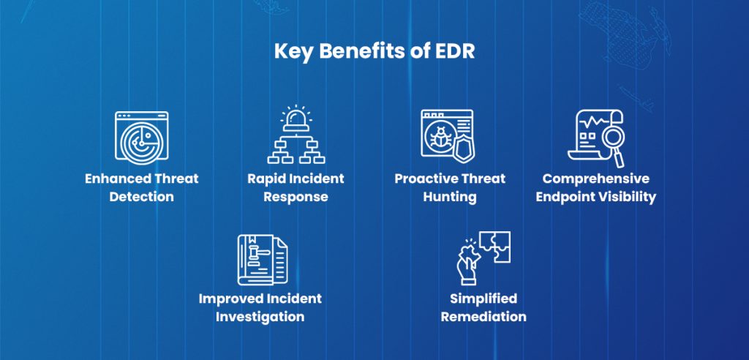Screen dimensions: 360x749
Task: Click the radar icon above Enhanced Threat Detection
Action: [141, 138]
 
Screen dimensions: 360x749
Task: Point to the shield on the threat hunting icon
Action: [462, 149]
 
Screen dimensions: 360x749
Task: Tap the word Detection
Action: [142, 197]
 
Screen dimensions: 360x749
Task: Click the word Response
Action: [296, 197]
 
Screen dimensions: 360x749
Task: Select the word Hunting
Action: [450, 197]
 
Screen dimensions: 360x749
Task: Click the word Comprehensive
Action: [595, 179]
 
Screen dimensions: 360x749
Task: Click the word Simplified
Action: [483, 299]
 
